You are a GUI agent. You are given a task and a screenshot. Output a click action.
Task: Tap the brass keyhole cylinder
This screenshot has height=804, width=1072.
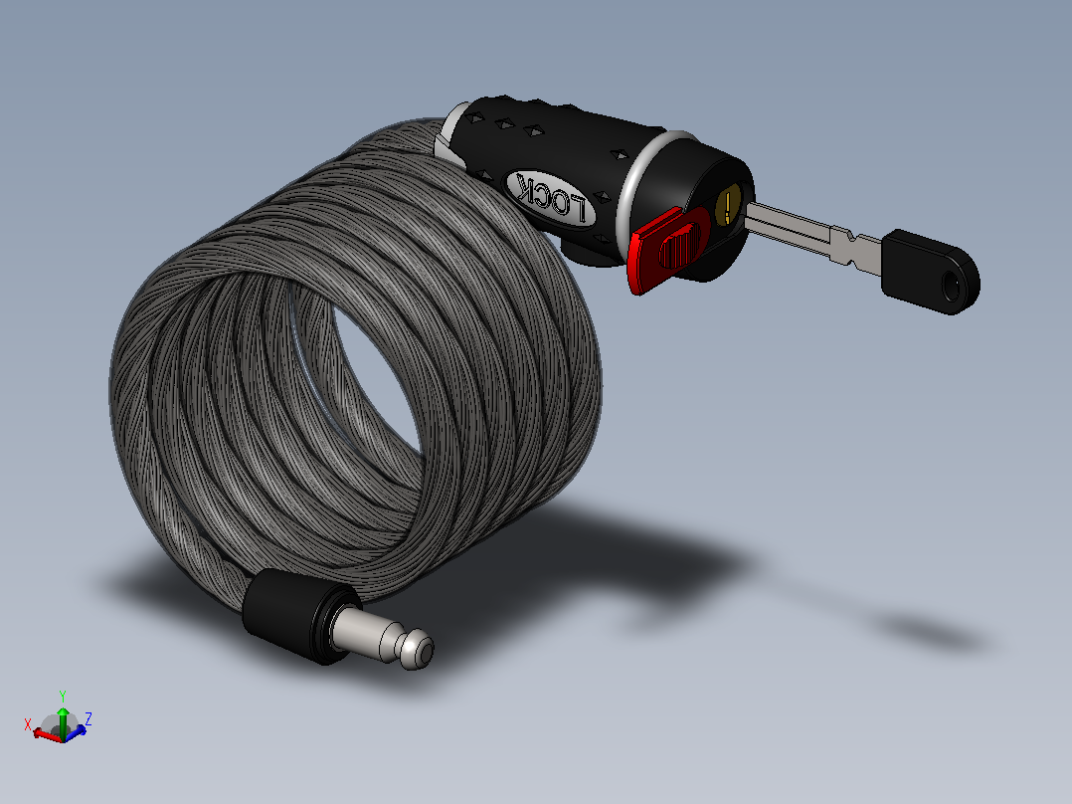tap(729, 205)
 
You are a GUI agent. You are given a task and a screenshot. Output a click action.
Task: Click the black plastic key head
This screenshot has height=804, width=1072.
tap(931, 272)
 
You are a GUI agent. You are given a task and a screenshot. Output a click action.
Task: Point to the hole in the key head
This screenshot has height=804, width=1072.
tap(951, 286)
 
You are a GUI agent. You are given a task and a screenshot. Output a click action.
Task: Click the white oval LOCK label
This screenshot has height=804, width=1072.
tap(550, 198)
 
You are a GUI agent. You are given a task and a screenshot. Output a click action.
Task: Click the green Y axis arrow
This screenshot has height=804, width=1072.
tap(63, 720)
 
